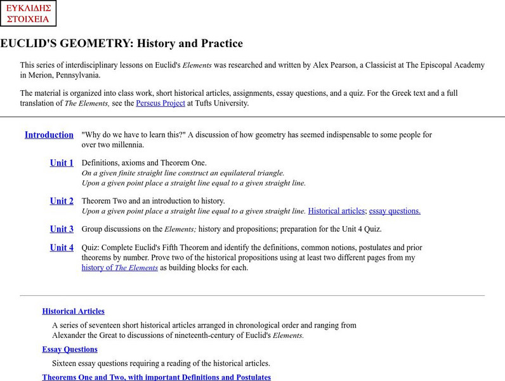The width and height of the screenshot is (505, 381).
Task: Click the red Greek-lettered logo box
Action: pyautogui.click(x=28, y=14)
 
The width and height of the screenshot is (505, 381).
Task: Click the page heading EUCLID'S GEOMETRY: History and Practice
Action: pyautogui.click(x=121, y=44)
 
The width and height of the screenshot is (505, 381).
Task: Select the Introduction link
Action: pyautogui.click(x=49, y=135)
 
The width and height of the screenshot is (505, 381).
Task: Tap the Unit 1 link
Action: pyautogui.click(x=62, y=163)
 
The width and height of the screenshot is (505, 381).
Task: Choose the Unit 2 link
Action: pyautogui.click(x=62, y=201)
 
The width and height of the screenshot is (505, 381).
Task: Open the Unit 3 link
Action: pyautogui.click(x=62, y=229)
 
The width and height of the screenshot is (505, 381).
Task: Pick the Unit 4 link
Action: pyautogui.click(x=62, y=248)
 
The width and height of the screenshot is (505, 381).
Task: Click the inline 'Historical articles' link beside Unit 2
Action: pyautogui.click(x=336, y=211)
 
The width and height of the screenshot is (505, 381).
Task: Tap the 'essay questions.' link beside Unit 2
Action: pyautogui.click(x=395, y=211)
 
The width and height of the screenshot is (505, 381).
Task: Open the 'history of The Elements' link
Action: pyautogui.click(x=120, y=268)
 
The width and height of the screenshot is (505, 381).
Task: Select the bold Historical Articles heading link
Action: pyautogui.click(x=74, y=311)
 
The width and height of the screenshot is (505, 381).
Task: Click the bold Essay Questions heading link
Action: pyautogui.click(x=70, y=349)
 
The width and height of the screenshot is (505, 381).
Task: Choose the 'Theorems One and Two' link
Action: pyautogui.click(x=156, y=377)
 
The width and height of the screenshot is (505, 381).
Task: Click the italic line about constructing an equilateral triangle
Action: pyautogui.click(x=183, y=173)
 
